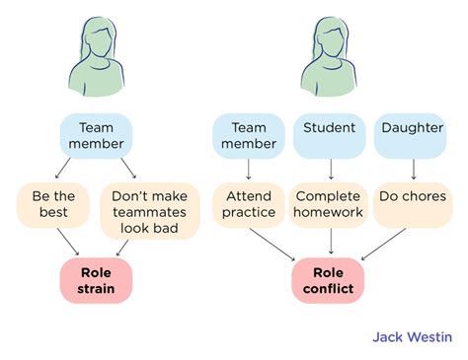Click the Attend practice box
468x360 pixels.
[x=248, y=204]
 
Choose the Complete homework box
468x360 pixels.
[x=329, y=204]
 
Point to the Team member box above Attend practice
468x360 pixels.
[x=248, y=135]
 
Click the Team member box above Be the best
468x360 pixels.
[x=97, y=135]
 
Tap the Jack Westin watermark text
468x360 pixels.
[x=414, y=336]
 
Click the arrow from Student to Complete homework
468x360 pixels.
[x=330, y=169]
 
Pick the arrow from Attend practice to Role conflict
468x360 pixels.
[x=274, y=243]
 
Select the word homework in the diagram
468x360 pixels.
[x=329, y=212]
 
